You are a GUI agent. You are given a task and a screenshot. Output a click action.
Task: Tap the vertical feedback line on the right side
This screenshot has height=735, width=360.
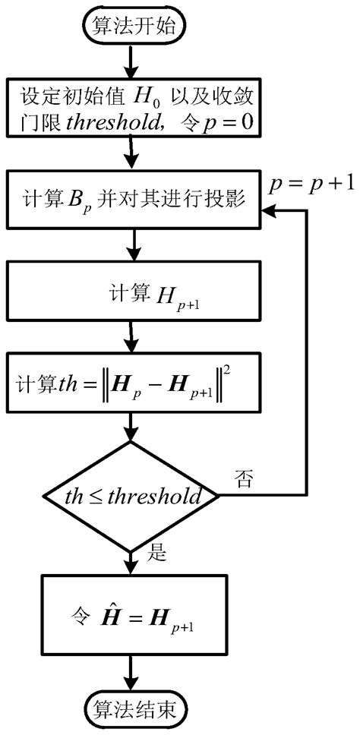pyautogui.click(x=306, y=349)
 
